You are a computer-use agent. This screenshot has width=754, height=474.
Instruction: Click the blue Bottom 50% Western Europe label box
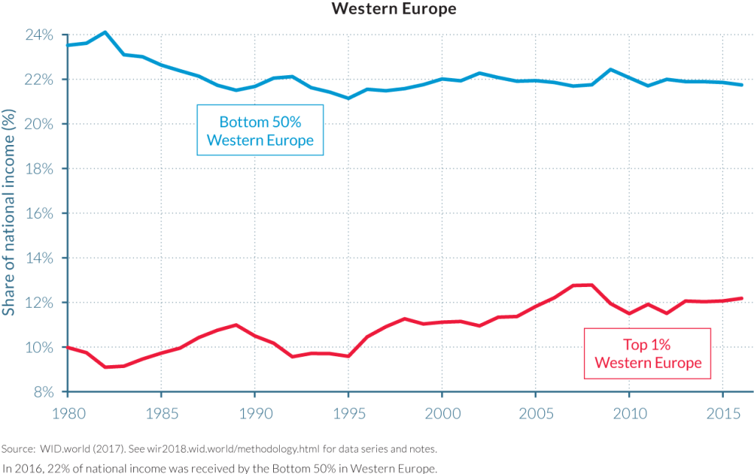point(260,130)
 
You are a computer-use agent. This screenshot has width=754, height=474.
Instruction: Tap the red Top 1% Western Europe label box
point(648,353)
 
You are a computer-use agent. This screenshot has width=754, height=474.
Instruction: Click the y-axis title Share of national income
point(9,213)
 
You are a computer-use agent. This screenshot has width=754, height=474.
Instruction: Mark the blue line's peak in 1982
point(105,32)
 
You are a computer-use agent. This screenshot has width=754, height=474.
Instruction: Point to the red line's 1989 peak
point(236,325)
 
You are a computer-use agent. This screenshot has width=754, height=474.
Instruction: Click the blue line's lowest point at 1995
point(348,98)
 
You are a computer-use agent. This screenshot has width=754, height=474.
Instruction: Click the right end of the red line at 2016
point(741,298)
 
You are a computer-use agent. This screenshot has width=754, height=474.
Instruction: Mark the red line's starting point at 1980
point(67,347)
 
